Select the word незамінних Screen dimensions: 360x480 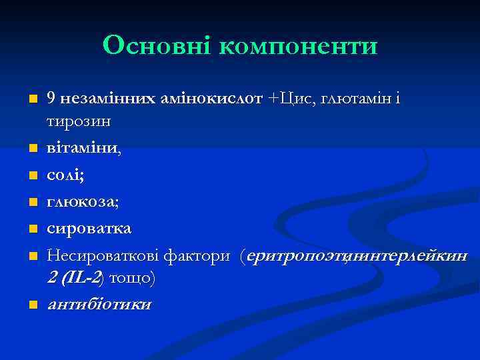[107, 99]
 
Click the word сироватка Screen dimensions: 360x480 [89, 229]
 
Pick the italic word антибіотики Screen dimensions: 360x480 [99, 305]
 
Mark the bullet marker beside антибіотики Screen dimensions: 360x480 [33, 305]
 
